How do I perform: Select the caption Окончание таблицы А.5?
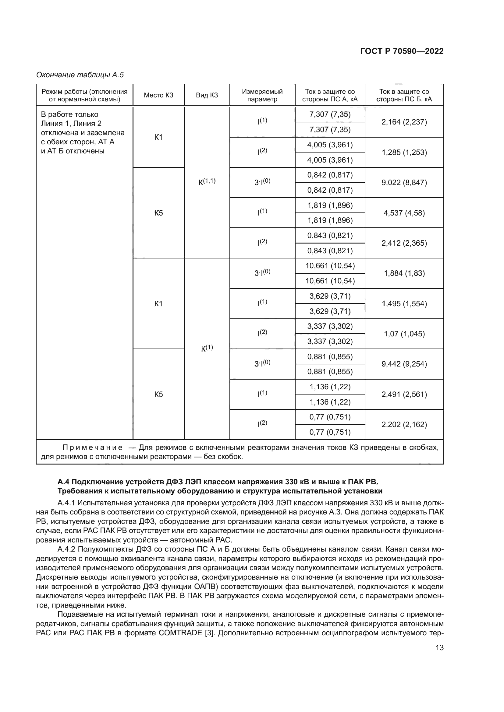[x=80, y=75]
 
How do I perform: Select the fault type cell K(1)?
[x=207, y=348]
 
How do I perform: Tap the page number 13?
[x=439, y=647]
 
